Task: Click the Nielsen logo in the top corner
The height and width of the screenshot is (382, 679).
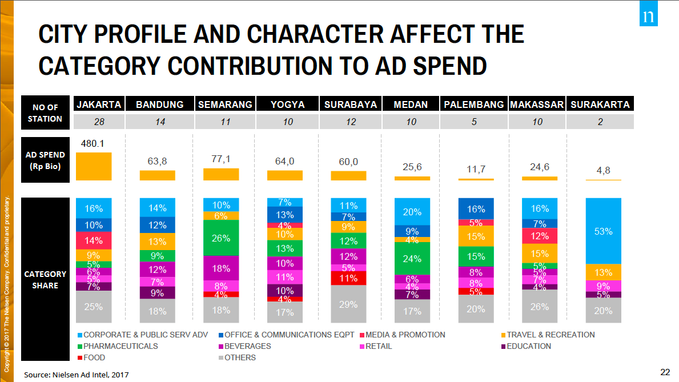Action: (x=648, y=17)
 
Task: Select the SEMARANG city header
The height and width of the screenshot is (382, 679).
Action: (x=225, y=104)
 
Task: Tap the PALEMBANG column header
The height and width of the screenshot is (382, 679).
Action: (x=474, y=104)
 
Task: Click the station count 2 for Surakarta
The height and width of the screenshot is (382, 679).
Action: (x=600, y=122)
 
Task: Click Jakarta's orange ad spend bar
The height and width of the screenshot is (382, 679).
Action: (x=94, y=167)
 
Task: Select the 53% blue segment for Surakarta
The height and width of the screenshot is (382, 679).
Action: (x=603, y=231)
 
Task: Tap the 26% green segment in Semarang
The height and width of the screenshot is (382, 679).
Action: (x=221, y=238)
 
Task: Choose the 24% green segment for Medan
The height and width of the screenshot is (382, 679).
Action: (x=412, y=258)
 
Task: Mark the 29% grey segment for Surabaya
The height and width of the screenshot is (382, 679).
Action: (x=348, y=305)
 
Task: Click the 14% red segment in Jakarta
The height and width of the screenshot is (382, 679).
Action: (x=94, y=240)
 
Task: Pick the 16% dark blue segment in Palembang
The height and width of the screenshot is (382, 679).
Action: (x=476, y=209)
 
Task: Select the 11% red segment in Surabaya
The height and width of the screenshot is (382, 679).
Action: (x=348, y=278)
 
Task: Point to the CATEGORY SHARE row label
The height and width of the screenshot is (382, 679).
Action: (x=45, y=279)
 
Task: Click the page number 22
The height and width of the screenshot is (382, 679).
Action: (x=665, y=372)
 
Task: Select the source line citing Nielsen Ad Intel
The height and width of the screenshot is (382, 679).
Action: (x=76, y=375)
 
